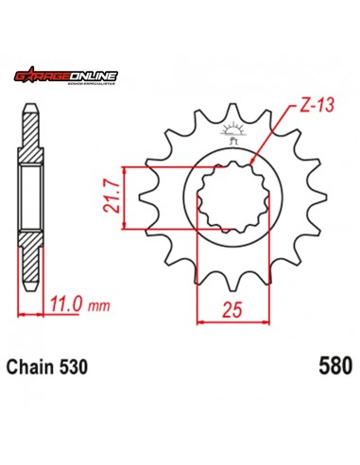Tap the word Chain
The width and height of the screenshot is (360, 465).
click(32, 364)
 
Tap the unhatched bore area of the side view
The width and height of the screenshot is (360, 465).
click(31, 196)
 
